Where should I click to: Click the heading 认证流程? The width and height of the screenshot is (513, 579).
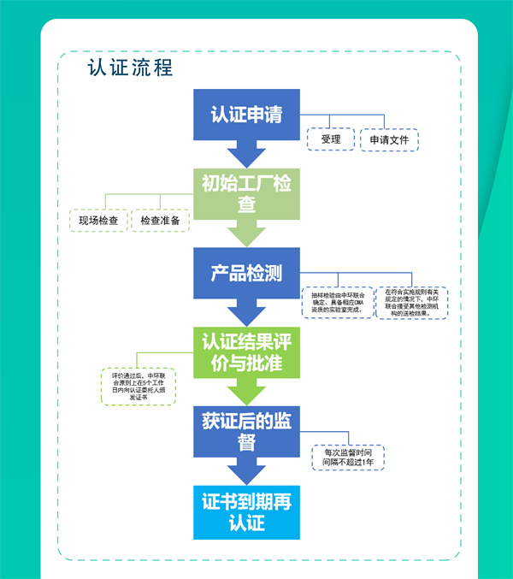(130, 68)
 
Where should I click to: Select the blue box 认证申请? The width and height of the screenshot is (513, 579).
(246, 115)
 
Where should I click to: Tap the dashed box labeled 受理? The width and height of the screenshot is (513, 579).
(331, 139)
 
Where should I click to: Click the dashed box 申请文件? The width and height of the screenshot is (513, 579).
(389, 139)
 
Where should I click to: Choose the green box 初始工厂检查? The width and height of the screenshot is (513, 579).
(246, 194)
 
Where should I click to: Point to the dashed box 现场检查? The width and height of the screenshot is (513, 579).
(97, 221)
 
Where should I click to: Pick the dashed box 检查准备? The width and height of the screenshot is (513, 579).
(160, 221)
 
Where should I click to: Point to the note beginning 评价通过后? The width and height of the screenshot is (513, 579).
(139, 387)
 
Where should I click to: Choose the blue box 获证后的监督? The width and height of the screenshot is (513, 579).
(246, 431)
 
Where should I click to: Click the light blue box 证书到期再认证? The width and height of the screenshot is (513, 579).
(246, 511)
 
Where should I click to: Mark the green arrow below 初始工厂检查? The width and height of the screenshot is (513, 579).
(246, 234)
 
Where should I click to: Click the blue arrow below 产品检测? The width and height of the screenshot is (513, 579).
(246, 313)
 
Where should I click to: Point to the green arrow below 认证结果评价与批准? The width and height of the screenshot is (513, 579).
(246, 393)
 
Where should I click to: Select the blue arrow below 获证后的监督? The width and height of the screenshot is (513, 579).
(246, 472)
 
